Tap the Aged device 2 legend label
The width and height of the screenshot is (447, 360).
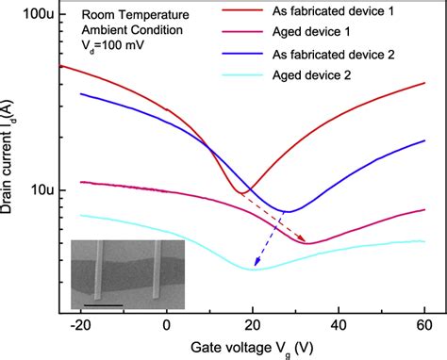pos(315,75)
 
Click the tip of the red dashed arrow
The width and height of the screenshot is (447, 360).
pos(306,241)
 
